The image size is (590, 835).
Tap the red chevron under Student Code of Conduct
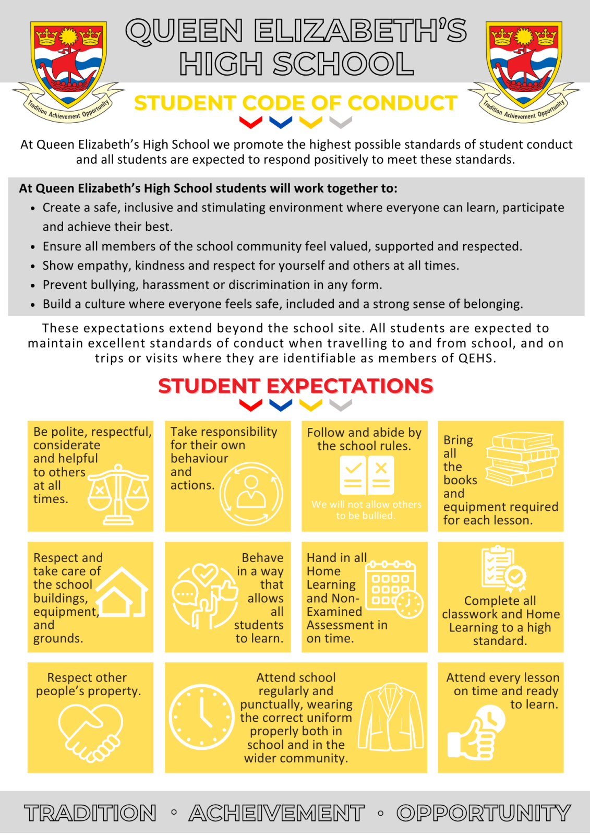click(250, 122)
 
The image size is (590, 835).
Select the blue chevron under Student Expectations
click(281, 405)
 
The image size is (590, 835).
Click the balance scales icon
click(118, 494)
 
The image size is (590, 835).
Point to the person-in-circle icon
click(251, 493)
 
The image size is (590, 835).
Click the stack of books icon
click(522, 458)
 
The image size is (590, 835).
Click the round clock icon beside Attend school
click(202, 717)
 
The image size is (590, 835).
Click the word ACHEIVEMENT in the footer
click(276, 813)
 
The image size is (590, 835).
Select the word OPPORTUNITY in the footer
click(484, 813)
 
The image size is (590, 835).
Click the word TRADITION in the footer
click(90, 813)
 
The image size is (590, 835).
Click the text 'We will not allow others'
click(366, 504)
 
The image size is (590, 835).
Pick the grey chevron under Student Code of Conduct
click(341, 122)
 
